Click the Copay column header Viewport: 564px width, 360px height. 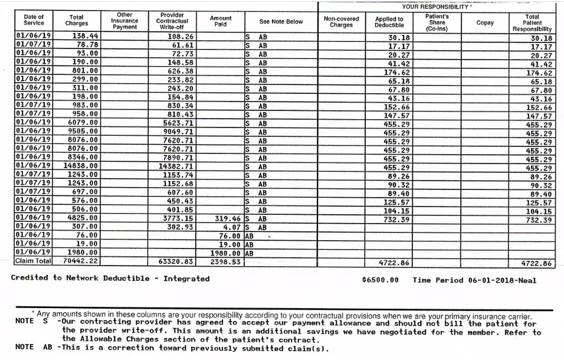[x=485, y=22]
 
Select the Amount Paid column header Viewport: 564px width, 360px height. [x=221, y=22]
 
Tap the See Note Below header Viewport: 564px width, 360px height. [x=281, y=22]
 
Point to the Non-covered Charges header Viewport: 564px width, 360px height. [x=341, y=22]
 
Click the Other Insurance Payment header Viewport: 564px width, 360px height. [x=124, y=21]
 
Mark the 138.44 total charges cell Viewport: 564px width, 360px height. [x=85, y=36]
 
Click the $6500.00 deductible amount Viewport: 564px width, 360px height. [x=380, y=280]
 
